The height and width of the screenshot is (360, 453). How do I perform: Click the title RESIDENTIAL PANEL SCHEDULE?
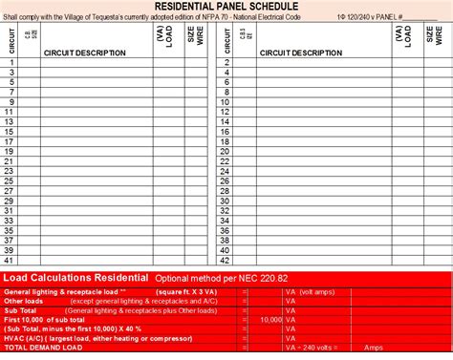[226, 7]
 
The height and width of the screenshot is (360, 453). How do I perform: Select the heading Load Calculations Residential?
[76, 277]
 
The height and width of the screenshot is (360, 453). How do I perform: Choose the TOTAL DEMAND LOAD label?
[35, 347]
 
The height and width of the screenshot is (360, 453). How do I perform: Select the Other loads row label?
[23, 300]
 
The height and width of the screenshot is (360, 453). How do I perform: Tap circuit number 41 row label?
[10, 259]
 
